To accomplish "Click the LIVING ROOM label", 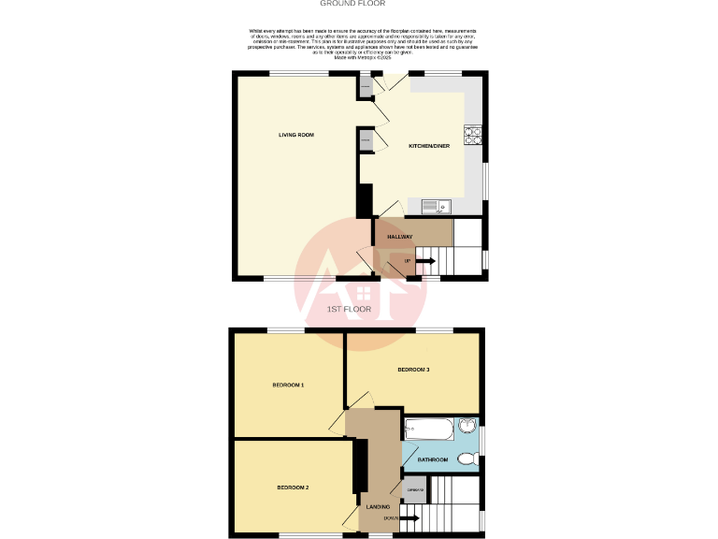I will click(295, 135).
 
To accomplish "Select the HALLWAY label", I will click(400, 237).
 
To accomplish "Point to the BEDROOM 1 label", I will click(288, 385).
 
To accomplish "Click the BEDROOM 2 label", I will click(293, 488).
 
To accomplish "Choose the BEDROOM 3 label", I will click(413, 370).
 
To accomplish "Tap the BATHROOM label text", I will click(432, 459).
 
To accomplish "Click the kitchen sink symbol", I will click(436, 206).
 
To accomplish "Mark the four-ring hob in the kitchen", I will click(473, 138).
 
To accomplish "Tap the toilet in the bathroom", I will click(469, 458).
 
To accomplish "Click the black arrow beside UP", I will click(424, 260).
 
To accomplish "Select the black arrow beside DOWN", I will click(409, 517).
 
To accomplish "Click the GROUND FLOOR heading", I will click(359, 4).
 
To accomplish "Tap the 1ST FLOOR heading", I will click(350, 309).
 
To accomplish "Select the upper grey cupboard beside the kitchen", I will click(366, 88).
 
